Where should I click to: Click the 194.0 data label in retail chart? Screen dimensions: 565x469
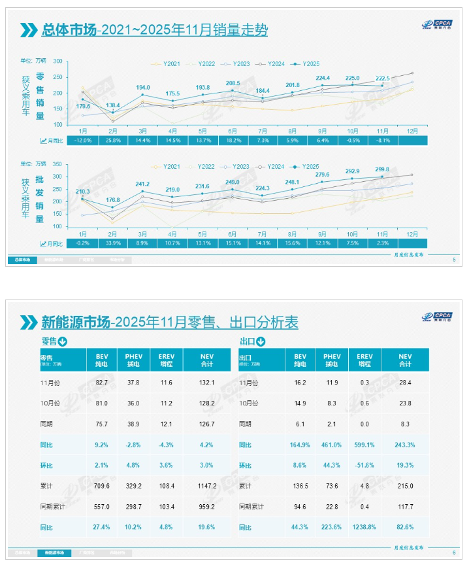point(143,88)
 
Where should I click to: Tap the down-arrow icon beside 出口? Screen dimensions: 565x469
point(261,341)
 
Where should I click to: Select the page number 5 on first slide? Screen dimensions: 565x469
point(454,260)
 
